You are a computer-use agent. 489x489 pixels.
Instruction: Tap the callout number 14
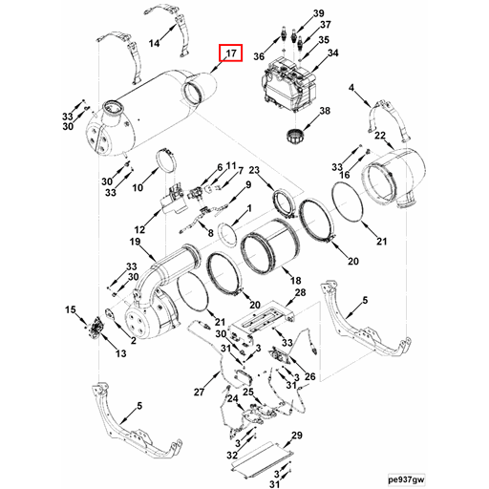[x=155, y=43]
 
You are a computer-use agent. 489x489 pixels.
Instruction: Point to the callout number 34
[x=332, y=53]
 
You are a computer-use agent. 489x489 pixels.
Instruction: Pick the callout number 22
[x=378, y=137]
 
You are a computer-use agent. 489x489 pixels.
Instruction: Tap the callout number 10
[x=138, y=188]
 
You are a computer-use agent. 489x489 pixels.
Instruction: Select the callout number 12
[x=139, y=230]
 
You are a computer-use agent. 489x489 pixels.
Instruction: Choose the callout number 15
[x=70, y=310]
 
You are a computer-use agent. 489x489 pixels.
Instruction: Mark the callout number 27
[x=199, y=393]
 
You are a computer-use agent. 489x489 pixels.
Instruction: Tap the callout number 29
[x=296, y=436]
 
